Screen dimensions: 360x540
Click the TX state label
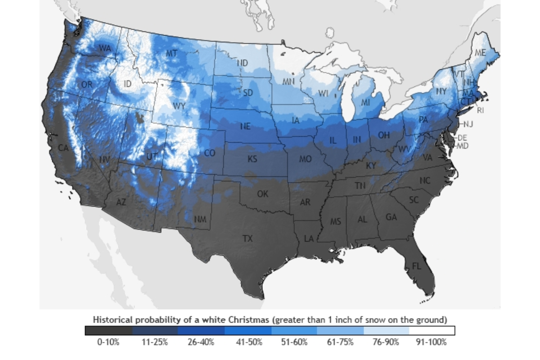click(247, 238)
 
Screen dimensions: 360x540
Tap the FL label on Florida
click(416, 266)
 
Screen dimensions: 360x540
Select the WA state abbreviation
click(105, 48)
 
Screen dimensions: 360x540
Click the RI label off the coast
click(481, 110)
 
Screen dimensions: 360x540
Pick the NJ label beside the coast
click(468, 124)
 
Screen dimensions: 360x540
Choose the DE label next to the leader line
click(462, 138)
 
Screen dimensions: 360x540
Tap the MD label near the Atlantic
click(463, 146)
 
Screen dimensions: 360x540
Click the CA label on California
click(63, 148)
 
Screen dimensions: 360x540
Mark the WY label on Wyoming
click(179, 106)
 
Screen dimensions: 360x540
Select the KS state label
click(252, 159)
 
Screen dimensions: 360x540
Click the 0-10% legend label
click(108, 342)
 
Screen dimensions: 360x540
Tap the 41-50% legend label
click(249, 342)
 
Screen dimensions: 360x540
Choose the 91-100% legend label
click(432, 342)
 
